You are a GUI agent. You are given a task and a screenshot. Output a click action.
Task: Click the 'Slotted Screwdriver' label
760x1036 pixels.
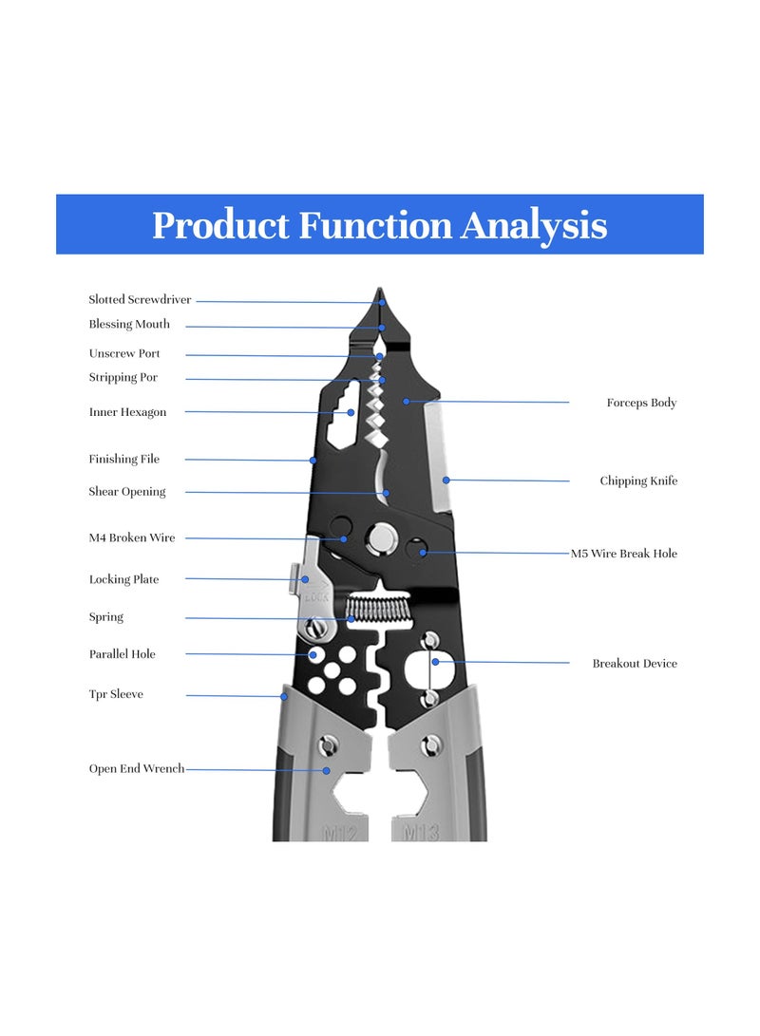140,300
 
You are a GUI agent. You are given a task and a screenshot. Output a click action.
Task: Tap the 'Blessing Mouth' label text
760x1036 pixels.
129,325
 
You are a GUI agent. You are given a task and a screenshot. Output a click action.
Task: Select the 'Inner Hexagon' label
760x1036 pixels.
127,413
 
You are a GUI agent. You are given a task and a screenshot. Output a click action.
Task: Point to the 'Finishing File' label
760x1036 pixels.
124,460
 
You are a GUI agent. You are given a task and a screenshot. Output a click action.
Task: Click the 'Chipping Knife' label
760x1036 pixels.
638,481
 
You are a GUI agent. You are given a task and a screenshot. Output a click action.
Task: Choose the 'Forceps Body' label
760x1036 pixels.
641,404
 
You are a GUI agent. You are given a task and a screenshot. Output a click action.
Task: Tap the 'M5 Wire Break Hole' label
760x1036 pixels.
623,554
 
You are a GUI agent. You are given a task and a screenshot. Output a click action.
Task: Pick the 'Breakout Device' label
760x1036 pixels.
635,664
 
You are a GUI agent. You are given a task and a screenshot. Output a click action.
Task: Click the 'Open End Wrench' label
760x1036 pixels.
137,769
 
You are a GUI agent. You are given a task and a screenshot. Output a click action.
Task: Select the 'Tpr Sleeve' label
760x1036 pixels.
116,695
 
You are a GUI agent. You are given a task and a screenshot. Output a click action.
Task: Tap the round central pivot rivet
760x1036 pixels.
383,539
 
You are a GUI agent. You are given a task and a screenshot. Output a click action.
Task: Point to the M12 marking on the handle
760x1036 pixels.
339,834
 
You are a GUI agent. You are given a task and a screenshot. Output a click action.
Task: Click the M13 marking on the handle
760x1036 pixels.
421,834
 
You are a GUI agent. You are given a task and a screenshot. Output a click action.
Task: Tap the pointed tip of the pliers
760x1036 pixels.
379,292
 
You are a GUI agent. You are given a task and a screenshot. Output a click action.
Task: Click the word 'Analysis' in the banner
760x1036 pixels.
534,226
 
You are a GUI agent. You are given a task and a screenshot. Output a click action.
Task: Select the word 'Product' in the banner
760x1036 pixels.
221,226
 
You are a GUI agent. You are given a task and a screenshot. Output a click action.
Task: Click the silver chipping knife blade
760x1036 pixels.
438,454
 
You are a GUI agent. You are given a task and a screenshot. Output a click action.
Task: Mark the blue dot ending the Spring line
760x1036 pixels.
351,619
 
